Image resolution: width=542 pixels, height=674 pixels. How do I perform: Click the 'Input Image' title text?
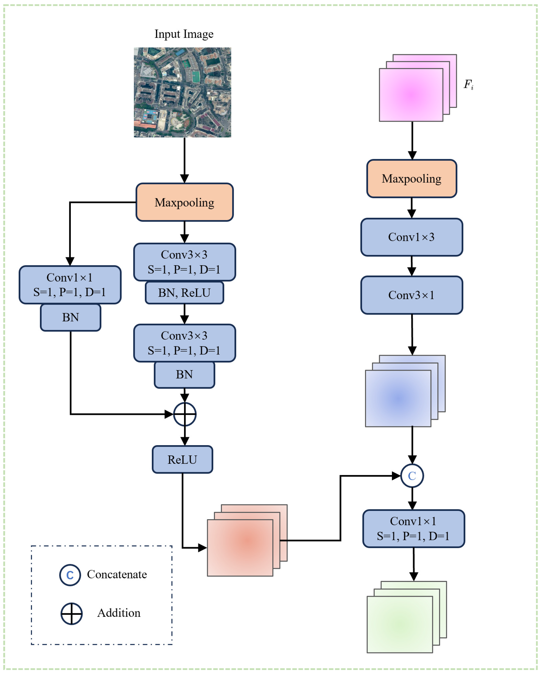tap(184, 34)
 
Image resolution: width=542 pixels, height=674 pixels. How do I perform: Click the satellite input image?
tap(182, 92)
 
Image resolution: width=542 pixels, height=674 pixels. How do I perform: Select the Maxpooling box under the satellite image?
tap(185, 202)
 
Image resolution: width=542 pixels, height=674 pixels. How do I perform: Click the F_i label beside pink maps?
tap(468, 84)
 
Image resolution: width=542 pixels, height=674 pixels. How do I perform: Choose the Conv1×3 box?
tap(411, 237)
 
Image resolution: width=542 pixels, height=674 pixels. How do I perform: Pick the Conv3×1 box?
tap(411, 295)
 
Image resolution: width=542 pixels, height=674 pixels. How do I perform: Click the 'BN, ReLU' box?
tap(184, 293)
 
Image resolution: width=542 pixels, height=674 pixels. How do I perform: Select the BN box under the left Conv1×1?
tap(70, 318)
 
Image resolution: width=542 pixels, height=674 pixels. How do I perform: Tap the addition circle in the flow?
tap(185, 415)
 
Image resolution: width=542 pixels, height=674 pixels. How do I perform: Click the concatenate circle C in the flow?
tap(412, 476)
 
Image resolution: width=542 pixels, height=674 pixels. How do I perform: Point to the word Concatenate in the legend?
tap(117, 575)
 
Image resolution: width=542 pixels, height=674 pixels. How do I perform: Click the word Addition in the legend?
tap(119, 613)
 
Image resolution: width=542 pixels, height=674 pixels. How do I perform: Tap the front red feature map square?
tap(240, 548)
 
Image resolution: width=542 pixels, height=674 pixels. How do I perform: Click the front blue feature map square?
tap(398, 398)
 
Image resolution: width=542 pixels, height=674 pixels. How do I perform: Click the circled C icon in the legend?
tap(70, 575)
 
